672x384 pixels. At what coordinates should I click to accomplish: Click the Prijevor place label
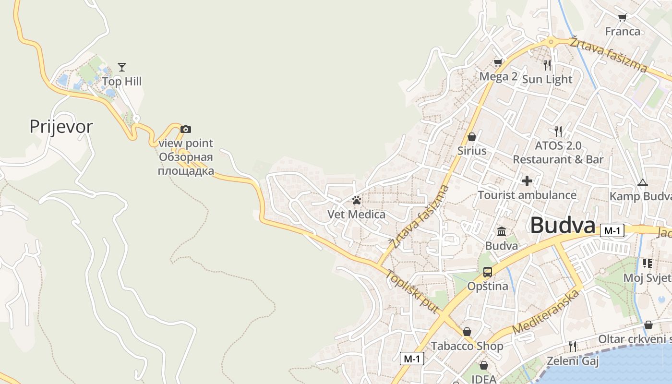point(61,127)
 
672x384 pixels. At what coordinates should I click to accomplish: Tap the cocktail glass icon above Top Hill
point(122,67)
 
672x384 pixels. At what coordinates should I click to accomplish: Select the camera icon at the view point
point(186,129)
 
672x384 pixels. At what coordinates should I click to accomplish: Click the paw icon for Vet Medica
point(356,200)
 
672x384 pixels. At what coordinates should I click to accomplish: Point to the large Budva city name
point(563,225)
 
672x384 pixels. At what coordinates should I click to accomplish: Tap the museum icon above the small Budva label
point(502,232)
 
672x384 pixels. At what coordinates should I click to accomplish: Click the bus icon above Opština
point(488,272)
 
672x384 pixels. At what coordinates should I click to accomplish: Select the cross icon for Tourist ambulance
point(527,181)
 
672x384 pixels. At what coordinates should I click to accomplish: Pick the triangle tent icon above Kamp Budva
point(643,182)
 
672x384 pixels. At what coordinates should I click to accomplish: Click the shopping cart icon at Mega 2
point(498,63)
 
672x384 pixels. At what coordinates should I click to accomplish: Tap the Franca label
point(623,32)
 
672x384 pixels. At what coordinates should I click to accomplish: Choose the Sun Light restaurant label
point(547,79)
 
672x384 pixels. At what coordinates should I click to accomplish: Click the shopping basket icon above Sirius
point(472,137)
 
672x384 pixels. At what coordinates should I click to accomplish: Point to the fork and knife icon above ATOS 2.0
point(558,131)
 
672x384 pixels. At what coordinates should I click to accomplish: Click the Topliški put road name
point(412,292)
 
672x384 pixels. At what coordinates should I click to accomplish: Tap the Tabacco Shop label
point(467,346)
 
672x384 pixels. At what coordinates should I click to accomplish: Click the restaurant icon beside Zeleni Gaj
point(572,346)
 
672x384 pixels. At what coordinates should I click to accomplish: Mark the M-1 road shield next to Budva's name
point(612,231)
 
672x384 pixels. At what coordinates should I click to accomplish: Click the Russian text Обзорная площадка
point(186,164)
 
